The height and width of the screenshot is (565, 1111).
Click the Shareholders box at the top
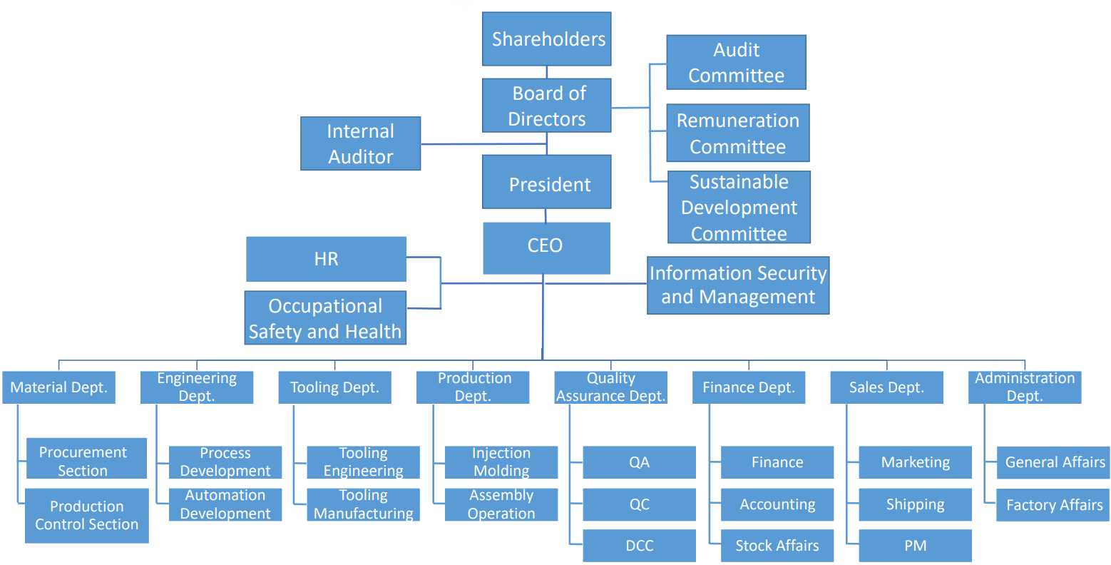pos(546,39)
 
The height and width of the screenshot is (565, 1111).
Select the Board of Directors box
pos(546,106)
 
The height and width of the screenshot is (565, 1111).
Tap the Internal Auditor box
pos(360,143)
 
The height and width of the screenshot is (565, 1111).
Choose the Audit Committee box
pos(736,63)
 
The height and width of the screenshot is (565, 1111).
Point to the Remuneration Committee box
pos(737,133)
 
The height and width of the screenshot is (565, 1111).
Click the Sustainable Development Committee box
pos(739,207)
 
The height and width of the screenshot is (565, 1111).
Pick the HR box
pos(326,259)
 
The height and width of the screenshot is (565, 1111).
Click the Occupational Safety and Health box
pos(325,318)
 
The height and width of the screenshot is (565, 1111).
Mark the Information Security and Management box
pos(738,285)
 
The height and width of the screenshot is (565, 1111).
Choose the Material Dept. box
pos(58,387)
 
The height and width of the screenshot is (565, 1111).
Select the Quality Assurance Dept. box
pos(610,387)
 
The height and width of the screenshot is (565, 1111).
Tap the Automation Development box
pos(225,504)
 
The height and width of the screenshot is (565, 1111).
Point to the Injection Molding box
pos(501,462)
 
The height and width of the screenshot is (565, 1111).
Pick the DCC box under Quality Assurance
pos(639,546)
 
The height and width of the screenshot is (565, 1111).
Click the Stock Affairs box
pos(777,546)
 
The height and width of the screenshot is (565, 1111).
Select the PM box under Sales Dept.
pos(915,546)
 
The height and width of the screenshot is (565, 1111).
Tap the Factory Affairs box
pos(1053,505)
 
